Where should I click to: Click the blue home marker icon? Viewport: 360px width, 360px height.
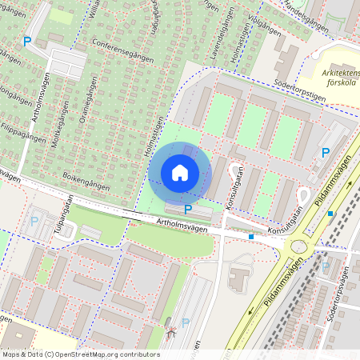coord(179,172)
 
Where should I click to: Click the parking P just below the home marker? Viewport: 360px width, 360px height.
coord(187,210)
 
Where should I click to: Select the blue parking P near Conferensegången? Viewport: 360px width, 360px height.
coord(27,41)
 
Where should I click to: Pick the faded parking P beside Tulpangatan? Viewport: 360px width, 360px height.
coord(34,220)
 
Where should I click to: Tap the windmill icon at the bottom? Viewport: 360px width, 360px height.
coord(169,330)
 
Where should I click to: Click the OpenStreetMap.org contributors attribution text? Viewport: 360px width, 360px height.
coord(112,354)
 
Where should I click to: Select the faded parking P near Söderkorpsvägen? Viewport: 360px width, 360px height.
coord(326,266)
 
